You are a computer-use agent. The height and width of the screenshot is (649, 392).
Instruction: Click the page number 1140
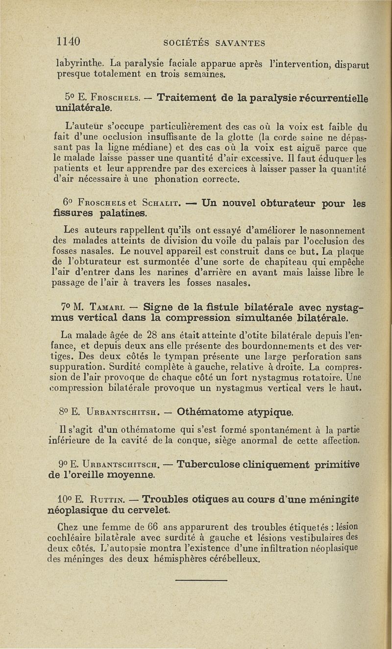tap(68, 41)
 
